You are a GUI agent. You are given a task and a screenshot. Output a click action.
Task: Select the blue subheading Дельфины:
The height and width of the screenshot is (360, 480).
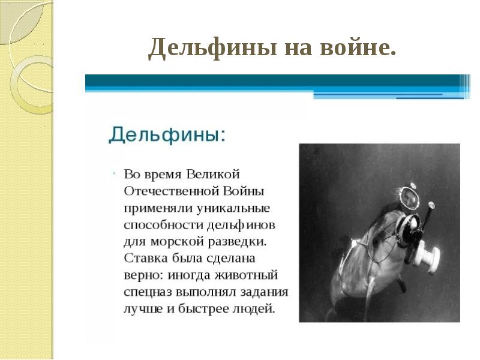(167, 133)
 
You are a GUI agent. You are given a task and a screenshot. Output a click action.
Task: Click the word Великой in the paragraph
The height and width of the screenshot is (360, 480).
(213, 174)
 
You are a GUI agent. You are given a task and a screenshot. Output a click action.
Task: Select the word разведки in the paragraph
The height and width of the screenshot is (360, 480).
(238, 242)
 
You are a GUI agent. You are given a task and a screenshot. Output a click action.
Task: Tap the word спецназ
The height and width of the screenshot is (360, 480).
(149, 293)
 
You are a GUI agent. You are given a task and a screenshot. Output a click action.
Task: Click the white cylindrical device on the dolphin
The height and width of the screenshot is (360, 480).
(430, 254)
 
